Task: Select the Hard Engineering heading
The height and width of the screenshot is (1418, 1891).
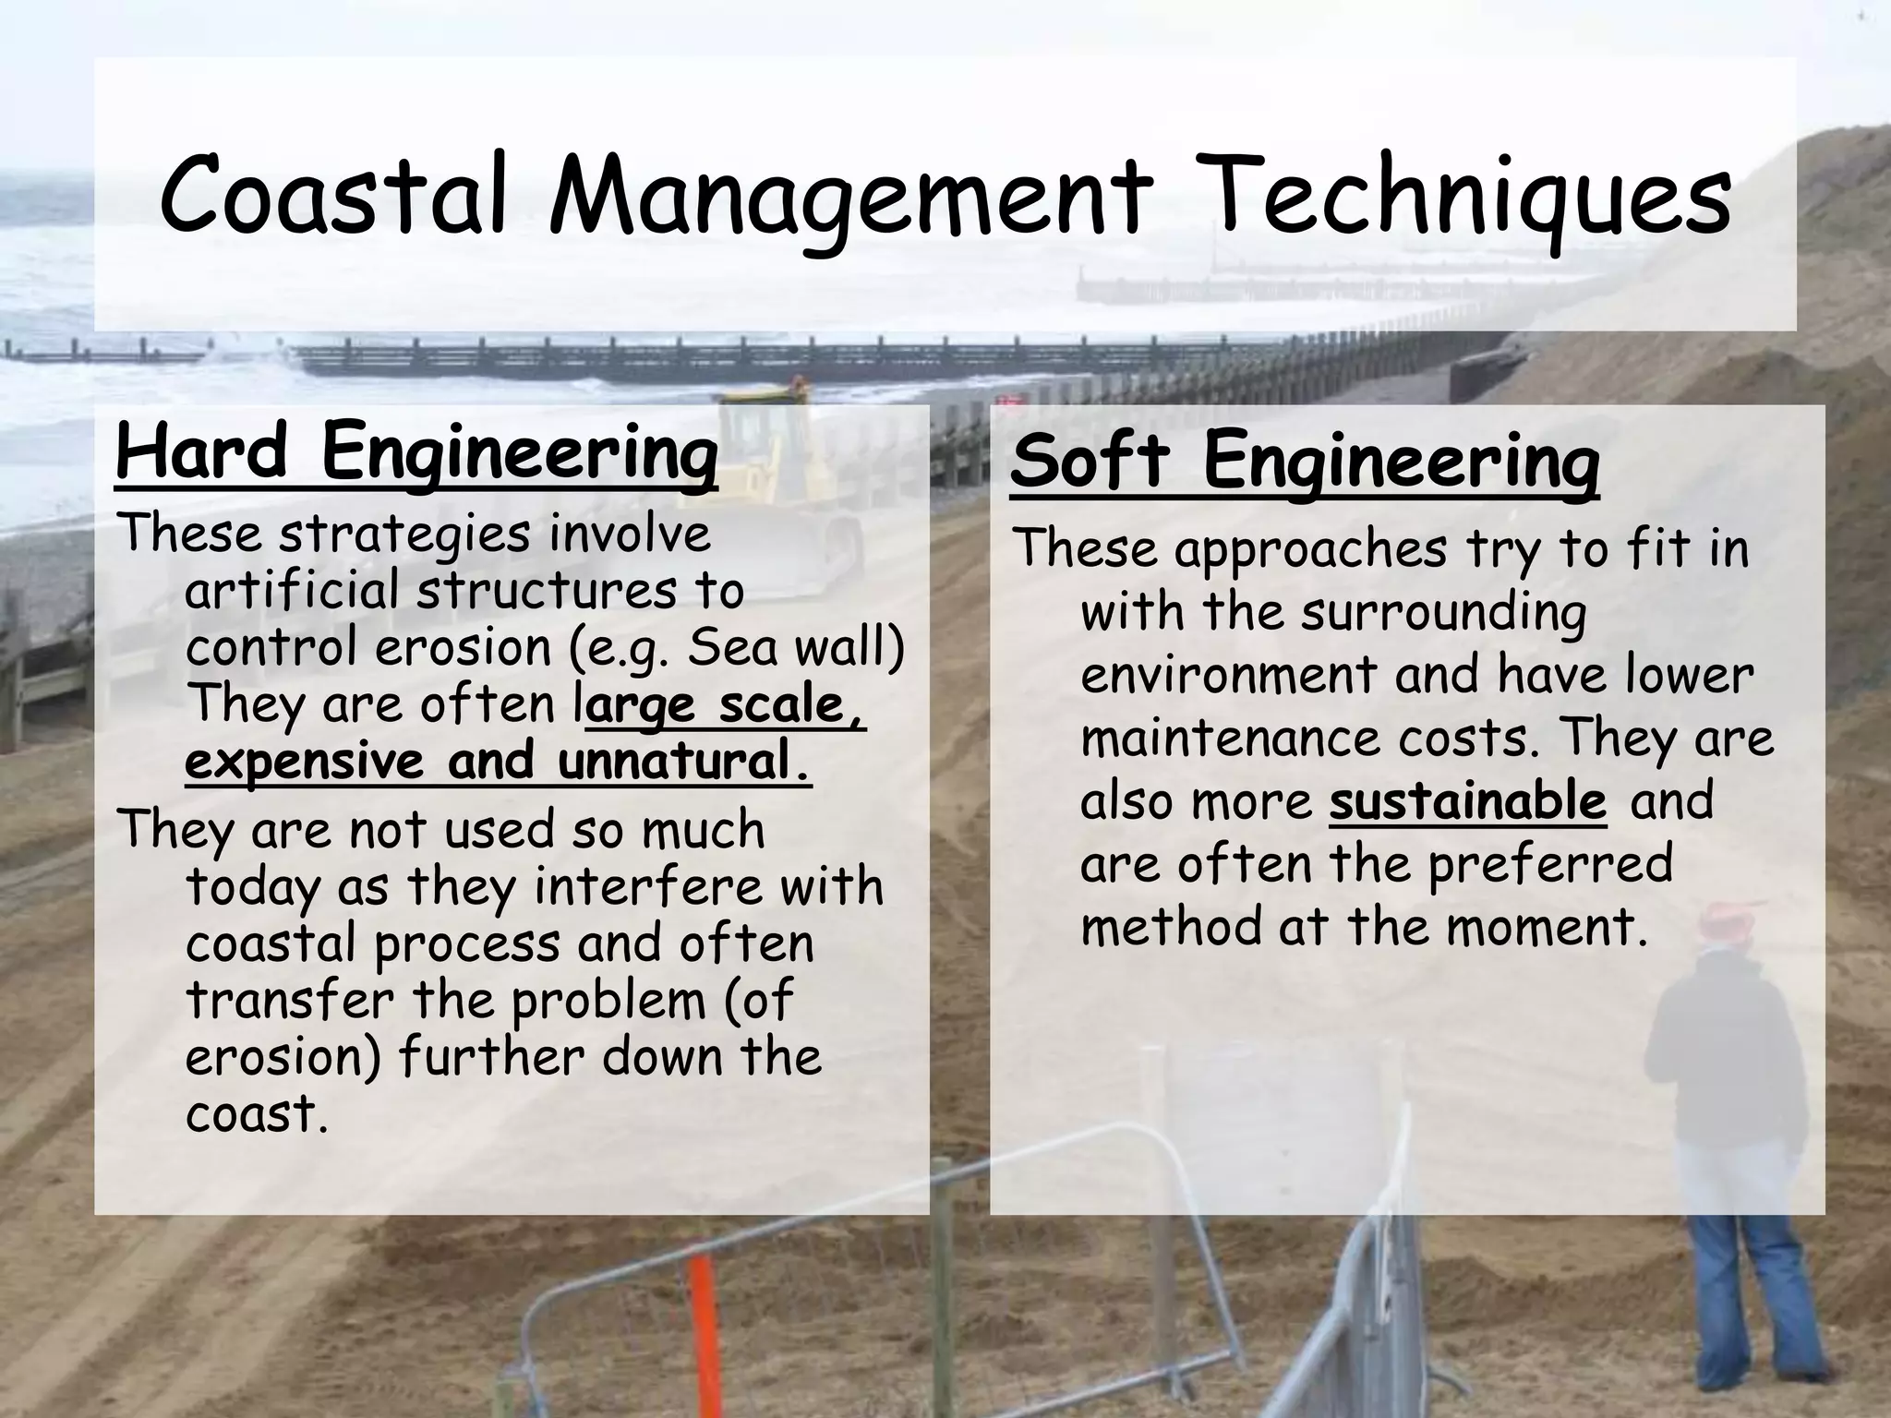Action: tap(416, 452)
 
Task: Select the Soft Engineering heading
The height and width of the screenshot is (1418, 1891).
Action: tap(1304, 463)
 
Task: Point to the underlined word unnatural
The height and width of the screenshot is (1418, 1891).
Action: tap(684, 763)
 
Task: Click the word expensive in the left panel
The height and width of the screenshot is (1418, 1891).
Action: tap(305, 763)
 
